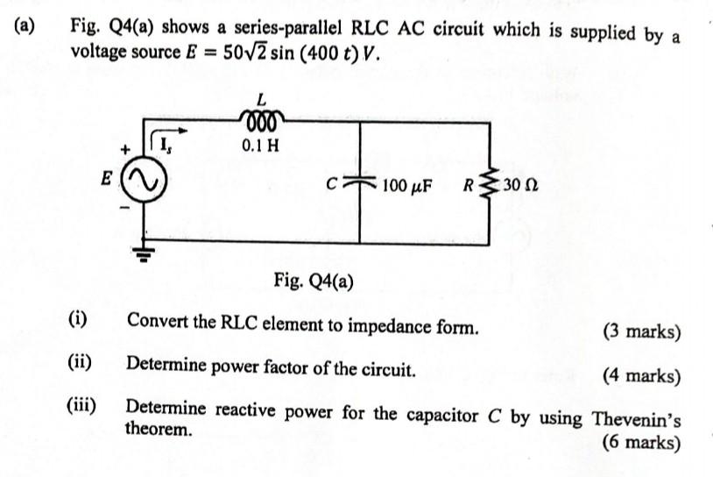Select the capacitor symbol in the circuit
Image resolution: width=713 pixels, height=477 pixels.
[360, 185]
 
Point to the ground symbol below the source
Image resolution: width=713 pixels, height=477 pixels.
[143, 254]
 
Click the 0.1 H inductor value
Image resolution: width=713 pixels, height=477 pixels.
[260, 145]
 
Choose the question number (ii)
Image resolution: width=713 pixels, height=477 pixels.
[81, 362]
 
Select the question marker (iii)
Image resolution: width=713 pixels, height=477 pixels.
[83, 406]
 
